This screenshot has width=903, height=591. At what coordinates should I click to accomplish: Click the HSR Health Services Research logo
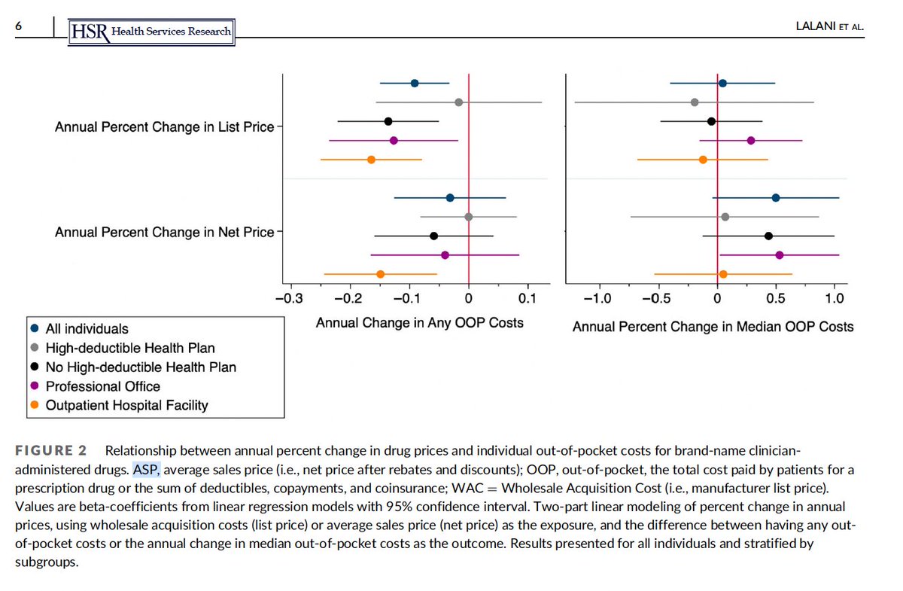click(x=151, y=30)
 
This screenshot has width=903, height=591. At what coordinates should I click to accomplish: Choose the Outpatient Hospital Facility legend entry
click(x=126, y=405)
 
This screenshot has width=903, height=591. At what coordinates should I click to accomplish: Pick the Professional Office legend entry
click(x=102, y=386)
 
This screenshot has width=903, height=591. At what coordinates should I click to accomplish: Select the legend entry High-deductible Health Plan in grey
click(x=129, y=348)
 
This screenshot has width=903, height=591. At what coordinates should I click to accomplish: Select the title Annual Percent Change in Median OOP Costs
click(x=713, y=327)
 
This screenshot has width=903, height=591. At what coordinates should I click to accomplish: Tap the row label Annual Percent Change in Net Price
click(x=164, y=233)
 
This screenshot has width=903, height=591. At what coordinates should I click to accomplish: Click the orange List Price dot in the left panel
click(x=371, y=160)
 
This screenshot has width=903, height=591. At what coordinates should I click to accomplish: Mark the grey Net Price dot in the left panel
click(x=468, y=217)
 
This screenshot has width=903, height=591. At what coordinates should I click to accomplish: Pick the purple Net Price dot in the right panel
click(x=779, y=255)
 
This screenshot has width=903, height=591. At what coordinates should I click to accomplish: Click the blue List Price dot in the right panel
click(x=722, y=83)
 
